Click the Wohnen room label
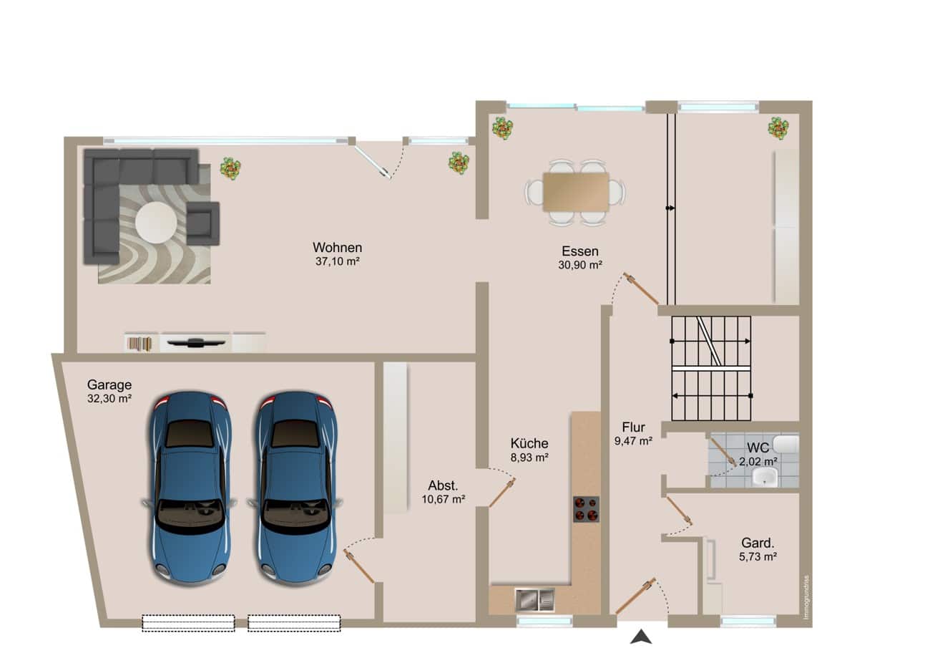click(337, 248)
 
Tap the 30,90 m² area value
click(580, 265)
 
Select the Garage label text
click(109, 385)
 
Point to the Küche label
click(529, 443)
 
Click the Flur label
click(633, 427)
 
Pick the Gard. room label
click(758, 543)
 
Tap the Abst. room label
click(443, 485)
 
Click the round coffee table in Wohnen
click(156, 222)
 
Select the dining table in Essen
click(576, 192)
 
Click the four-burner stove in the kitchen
click(586, 509)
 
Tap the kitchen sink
click(535, 600)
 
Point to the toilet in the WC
click(785, 444)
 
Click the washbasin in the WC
click(765, 477)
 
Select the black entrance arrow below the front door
click(641, 637)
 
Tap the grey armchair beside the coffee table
click(203, 223)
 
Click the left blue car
click(190, 488)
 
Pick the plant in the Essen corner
click(502, 128)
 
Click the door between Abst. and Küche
click(502, 493)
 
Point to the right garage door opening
click(294, 623)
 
